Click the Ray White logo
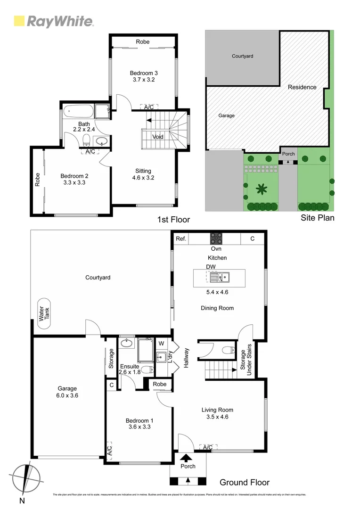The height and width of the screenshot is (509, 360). pos(53,21)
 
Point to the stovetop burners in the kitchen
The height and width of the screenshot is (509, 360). pos(216,238)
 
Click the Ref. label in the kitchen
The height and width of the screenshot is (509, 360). pos(181,239)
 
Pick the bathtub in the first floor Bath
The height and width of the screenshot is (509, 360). pos(78,111)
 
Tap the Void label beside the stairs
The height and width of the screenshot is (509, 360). pos(158,137)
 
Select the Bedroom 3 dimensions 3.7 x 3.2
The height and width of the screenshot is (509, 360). pos(143,80)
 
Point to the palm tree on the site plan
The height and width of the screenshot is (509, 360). pos(260,189)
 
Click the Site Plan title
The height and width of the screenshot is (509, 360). pos(318,218)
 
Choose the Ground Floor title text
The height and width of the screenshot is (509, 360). pos(245,482)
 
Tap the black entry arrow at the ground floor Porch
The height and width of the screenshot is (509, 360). pos(187,457)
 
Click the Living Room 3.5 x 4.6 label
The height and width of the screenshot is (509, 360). pos(217,413)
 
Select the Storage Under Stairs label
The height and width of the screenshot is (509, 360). pos(246,362)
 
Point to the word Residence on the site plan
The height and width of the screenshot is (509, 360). pos(302,87)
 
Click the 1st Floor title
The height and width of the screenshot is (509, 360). pos(173,220)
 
